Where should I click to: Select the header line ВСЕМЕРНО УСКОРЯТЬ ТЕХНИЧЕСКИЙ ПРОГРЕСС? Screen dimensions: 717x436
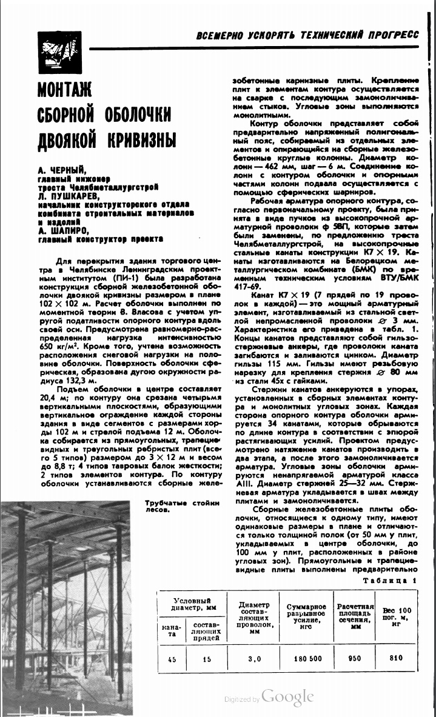coord(307,35)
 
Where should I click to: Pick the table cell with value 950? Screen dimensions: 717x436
coord(355,658)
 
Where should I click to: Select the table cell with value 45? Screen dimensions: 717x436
coord(172,659)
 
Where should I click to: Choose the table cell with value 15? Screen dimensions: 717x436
coord(207,659)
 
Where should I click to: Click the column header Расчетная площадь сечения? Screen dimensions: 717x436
coord(355,613)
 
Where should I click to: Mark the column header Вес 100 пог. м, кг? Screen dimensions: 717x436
coord(397,613)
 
